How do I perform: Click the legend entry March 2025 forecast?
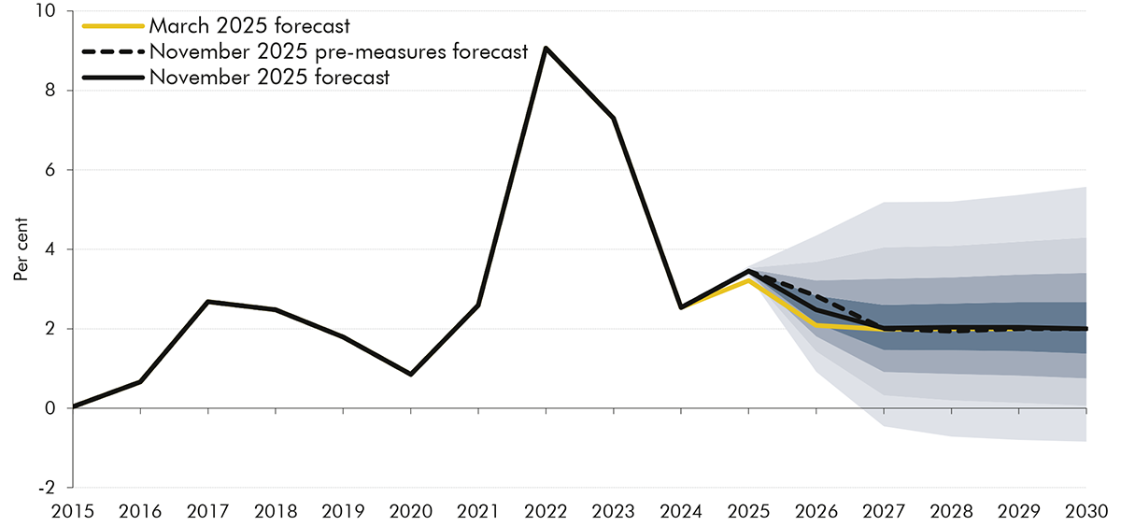point(248,26)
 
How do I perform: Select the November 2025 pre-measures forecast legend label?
point(338,52)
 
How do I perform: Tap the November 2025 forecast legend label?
point(268,78)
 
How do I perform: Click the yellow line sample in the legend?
point(112,26)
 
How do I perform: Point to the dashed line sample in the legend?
point(112,52)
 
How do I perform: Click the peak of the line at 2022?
point(546,48)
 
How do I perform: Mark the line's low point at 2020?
point(410,375)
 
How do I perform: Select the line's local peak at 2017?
point(207,302)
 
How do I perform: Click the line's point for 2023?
point(613,118)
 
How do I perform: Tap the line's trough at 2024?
point(680,307)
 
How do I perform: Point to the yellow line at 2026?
point(816,325)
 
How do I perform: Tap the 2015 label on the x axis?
point(73,511)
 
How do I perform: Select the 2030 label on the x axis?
point(1086,511)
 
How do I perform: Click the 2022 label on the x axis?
point(546,511)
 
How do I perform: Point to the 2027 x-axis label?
point(884,511)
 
